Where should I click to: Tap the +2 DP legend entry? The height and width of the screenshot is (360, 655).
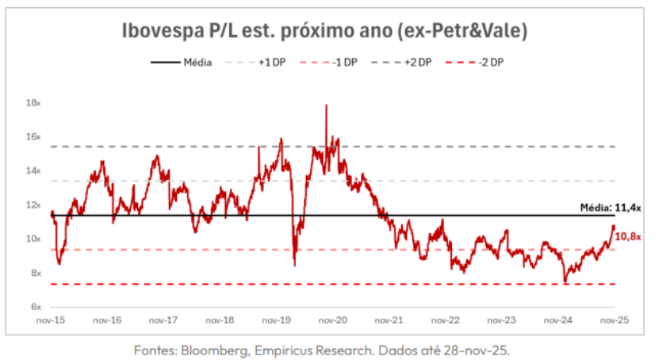[x=418, y=62]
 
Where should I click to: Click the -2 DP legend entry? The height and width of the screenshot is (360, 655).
[x=491, y=62]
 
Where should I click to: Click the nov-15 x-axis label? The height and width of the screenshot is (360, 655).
[x=50, y=321]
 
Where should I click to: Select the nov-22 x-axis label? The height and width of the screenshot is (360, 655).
[x=445, y=321]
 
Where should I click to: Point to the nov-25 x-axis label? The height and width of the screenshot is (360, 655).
[x=613, y=321]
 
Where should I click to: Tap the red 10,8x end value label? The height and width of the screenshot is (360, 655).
[x=628, y=236]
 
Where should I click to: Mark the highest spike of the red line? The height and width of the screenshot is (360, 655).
[x=326, y=105]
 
